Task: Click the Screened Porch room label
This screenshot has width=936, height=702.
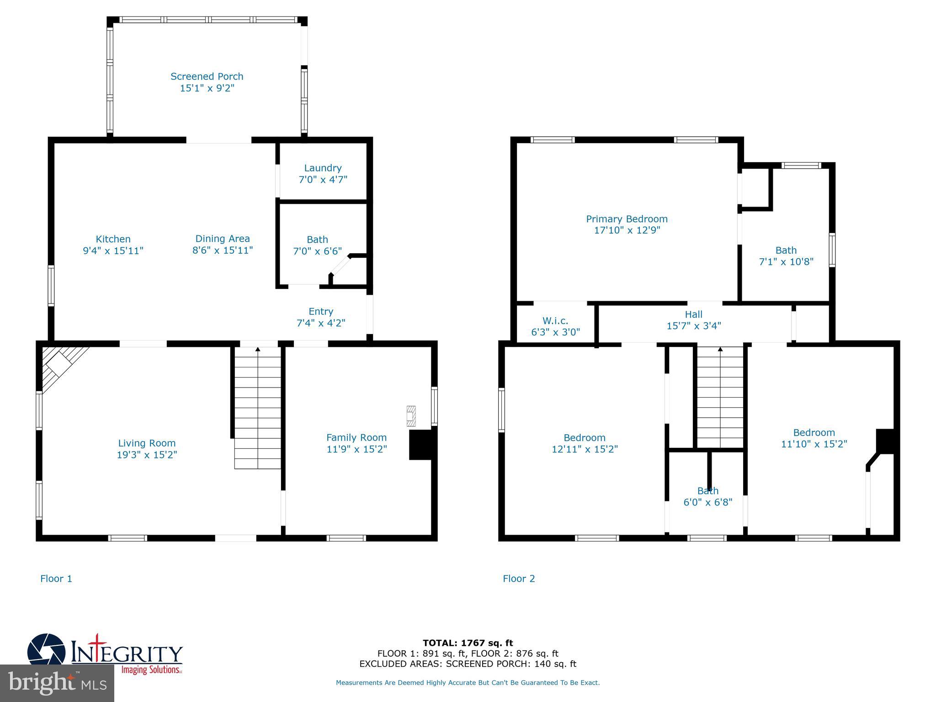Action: pyautogui.click(x=207, y=76)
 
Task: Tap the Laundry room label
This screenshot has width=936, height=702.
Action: pyautogui.click(x=323, y=168)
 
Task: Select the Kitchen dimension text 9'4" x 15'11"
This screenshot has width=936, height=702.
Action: pyautogui.click(x=113, y=250)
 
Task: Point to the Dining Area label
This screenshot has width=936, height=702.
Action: pyautogui.click(x=223, y=239)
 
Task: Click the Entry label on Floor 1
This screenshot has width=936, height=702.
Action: pyautogui.click(x=321, y=311)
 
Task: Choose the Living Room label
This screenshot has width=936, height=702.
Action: pyautogui.click(x=147, y=443)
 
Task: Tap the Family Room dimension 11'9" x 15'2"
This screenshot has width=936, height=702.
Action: pyautogui.click(x=356, y=449)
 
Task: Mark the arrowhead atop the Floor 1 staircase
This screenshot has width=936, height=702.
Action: pyautogui.click(x=258, y=349)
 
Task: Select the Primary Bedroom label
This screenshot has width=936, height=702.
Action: pyautogui.click(x=627, y=219)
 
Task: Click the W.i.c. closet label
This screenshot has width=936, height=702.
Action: pyautogui.click(x=555, y=321)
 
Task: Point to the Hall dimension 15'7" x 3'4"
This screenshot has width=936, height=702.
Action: pyautogui.click(x=693, y=326)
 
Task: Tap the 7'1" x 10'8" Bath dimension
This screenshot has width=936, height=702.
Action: pyautogui.click(x=786, y=262)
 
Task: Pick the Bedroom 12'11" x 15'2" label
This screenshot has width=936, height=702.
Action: pyautogui.click(x=585, y=437)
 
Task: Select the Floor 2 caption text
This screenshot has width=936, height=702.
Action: pyautogui.click(x=519, y=579)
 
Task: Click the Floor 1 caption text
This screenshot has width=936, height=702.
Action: pyautogui.click(x=56, y=579)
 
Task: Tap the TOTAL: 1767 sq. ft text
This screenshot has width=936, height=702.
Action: pyautogui.click(x=468, y=643)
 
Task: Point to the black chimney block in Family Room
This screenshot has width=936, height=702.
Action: pyautogui.click(x=420, y=445)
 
